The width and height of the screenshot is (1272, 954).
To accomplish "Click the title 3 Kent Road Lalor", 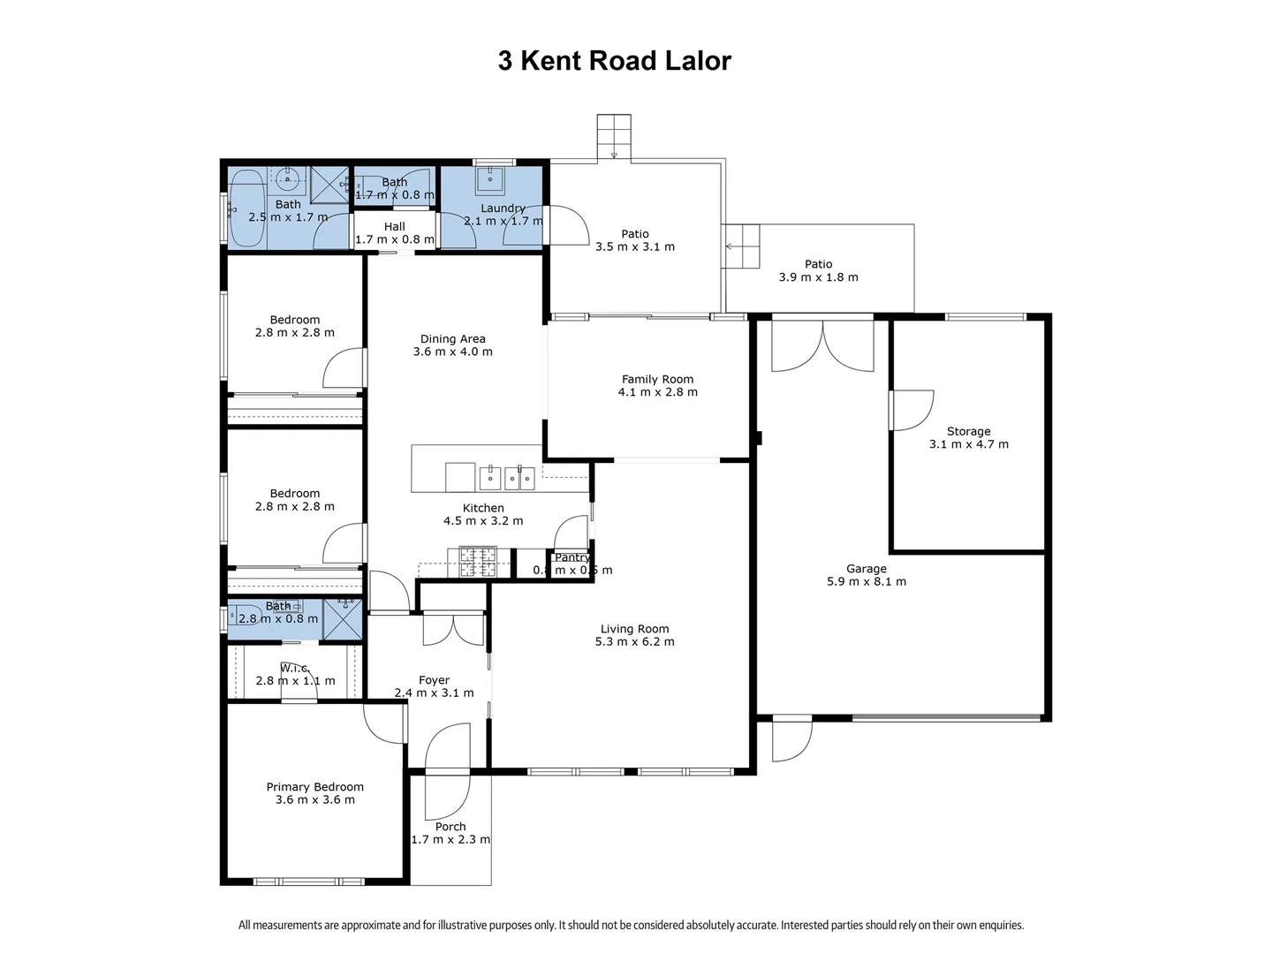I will (x=614, y=61).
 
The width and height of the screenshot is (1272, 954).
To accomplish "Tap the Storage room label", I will (x=968, y=431).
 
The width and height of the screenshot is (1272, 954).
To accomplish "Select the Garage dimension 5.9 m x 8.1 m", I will (x=866, y=582).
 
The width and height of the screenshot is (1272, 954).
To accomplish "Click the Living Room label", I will (x=634, y=629).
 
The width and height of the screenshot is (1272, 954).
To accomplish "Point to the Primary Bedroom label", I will (x=314, y=786).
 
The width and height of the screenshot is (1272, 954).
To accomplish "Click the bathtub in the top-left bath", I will (x=246, y=208).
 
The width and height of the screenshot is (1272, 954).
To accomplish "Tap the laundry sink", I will (x=488, y=180).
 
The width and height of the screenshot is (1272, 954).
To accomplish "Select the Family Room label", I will (x=657, y=379).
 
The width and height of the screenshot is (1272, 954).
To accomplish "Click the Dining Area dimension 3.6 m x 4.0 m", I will (x=452, y=352).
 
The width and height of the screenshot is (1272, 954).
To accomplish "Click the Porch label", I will (x=450, y=827).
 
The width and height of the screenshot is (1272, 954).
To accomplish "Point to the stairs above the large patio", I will (x=613, y=136).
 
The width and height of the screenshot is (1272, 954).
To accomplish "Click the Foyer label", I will (x=434, y=680).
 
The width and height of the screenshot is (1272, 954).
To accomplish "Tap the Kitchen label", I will (x=483, y=508).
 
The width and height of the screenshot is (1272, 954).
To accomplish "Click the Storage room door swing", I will (x=912, y=410).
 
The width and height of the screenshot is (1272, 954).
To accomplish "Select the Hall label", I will (x=394, y=227).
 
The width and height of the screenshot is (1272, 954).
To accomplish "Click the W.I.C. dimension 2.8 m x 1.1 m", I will (x=295, y=681).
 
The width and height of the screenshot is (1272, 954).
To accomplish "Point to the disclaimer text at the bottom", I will (x=631, y=926).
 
